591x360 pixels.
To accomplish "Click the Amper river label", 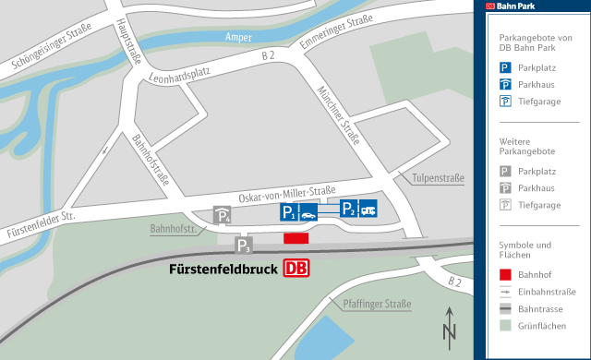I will pyautogui.click(x=239, y=37).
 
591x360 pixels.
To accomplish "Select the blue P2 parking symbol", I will pyautogui.click(x=348, y=208).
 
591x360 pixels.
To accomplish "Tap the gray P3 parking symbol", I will pyautogui.click(x=244, y=246).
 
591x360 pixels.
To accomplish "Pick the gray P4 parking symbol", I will pyautogui.click(x=223, y=215).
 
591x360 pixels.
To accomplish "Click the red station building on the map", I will pyautogui.click(x=295, y=238).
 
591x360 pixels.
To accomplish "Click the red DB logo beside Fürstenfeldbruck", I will pyautogui.click(x=296, y=269).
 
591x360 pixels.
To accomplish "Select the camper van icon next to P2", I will pyautogui.click(x=368, y=208).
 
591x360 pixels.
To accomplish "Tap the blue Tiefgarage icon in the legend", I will pyautogui.click(x=505, y=102).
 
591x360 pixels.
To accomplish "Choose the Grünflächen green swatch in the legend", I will pyautogui.click(x=505, y=325).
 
